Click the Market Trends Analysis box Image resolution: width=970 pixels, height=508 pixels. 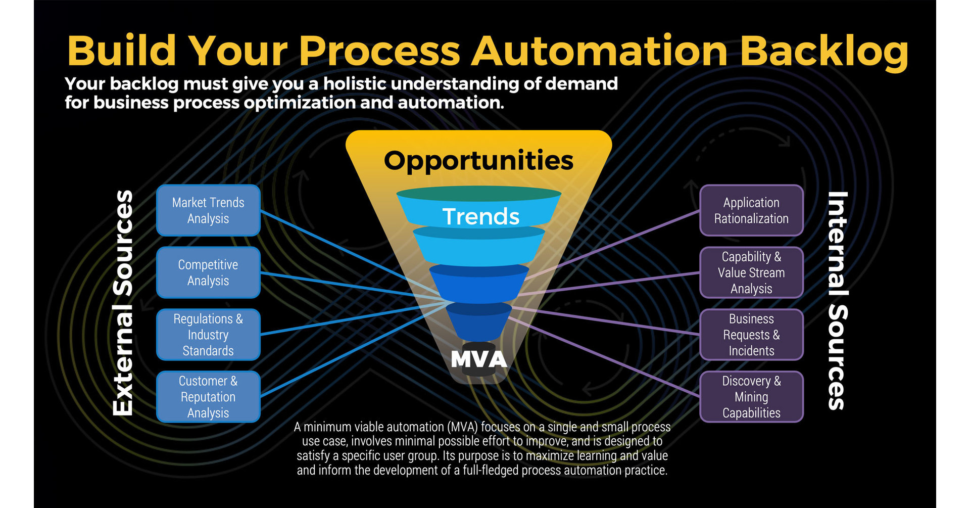pos(208,210)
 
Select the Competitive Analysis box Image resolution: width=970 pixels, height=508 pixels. pos(208,272)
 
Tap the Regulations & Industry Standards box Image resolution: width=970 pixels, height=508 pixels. pos(208,335)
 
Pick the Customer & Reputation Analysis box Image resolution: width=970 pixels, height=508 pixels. pos(208,397)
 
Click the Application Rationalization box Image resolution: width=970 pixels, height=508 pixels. pos(751,210)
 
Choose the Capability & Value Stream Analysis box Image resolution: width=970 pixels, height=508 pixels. pos(751,272)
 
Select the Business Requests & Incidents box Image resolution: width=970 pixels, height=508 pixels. pos(751,335)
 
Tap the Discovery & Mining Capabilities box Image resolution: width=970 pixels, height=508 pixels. pos(751,397)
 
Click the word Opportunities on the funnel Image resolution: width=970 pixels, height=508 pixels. pos(478,161)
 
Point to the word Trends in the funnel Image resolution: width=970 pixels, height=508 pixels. pos(480,217)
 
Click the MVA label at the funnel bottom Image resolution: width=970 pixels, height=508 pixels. pos(478,359)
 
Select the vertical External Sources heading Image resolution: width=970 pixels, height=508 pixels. pos(123,303)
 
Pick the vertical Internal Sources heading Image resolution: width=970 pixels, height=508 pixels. pos(838,301)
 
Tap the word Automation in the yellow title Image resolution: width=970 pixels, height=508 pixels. pos(599,52)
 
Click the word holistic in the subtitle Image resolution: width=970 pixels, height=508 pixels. pos(354,84)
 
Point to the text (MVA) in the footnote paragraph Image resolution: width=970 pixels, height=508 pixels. pos(464,427)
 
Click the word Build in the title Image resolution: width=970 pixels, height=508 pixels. pos(121,52)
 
